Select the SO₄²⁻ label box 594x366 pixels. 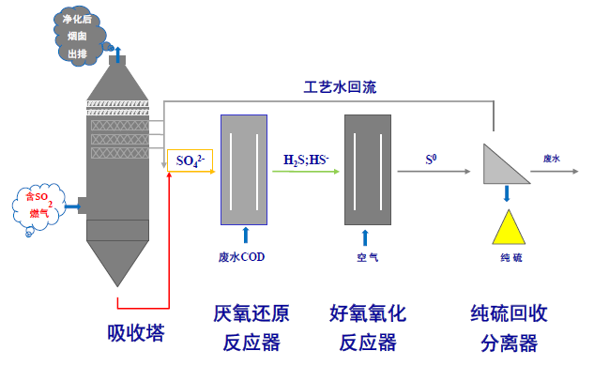pyautogui.click(x=190, y=160)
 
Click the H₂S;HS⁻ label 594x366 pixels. pyautogui.click(x=306, y=160)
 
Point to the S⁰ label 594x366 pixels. pyautogui.click(x=431, y=160)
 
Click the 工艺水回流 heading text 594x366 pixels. pyautogui.click(x=340, y=87)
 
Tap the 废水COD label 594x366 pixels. pyautogui.click(x=241, y=257)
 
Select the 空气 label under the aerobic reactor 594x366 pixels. pyautogui.click(x=367, y=258)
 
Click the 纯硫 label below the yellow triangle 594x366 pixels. pyautogui.click(x=511, y=258)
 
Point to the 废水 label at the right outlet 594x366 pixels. pyautogui.click(x=551, y=159)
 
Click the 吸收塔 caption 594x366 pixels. pyautogui.click(x=136, y=333)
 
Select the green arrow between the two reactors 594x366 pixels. pyautogui.click(x=306, y=172)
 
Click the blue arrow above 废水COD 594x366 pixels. pyautogui.click(x=246, y=235)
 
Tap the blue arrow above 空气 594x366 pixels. pyautogui.click(x=365, y=237)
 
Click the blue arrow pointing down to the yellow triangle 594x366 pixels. pyautogui.click(x=507, y=193)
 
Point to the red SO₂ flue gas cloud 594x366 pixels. pyautogui.click(x=38, y=206)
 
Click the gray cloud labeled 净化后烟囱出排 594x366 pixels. pyautogui.click(x=81, y=36)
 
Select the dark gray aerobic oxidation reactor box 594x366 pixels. pyautogui.click(x=368, y=170)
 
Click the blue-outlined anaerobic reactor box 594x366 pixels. pyautogui.click(x=244, y=170)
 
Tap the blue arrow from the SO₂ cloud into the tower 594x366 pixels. pyautogui.click(x=73, y=206)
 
